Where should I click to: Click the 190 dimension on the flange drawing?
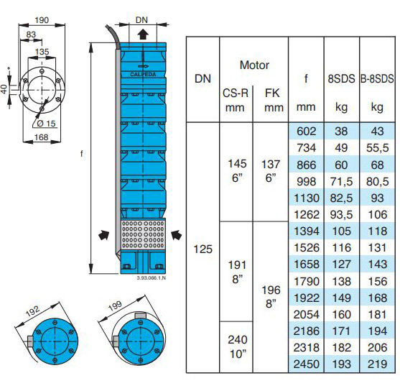pyautogui.click(x=42, y=20)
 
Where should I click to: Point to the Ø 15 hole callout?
pyautogui.click(x=46, y=124)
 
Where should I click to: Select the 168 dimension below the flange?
pyautogui.click(x=42, y=137)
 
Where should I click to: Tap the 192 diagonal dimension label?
pyautogui.click(x=32, y=311)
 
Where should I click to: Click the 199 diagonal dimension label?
pyautogui.click(x=115, y=305)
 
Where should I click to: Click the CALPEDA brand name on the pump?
pyautogui.click(x=143, y=75)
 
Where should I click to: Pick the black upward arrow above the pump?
pyautogui.click(x=143, y=34)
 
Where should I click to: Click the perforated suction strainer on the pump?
pyautogui.click(x=143, y=234)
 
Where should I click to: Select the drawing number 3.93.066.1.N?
pyautogui.click(x=152, y=277)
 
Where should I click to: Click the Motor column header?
pyautogui.click(x=254, y=65)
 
